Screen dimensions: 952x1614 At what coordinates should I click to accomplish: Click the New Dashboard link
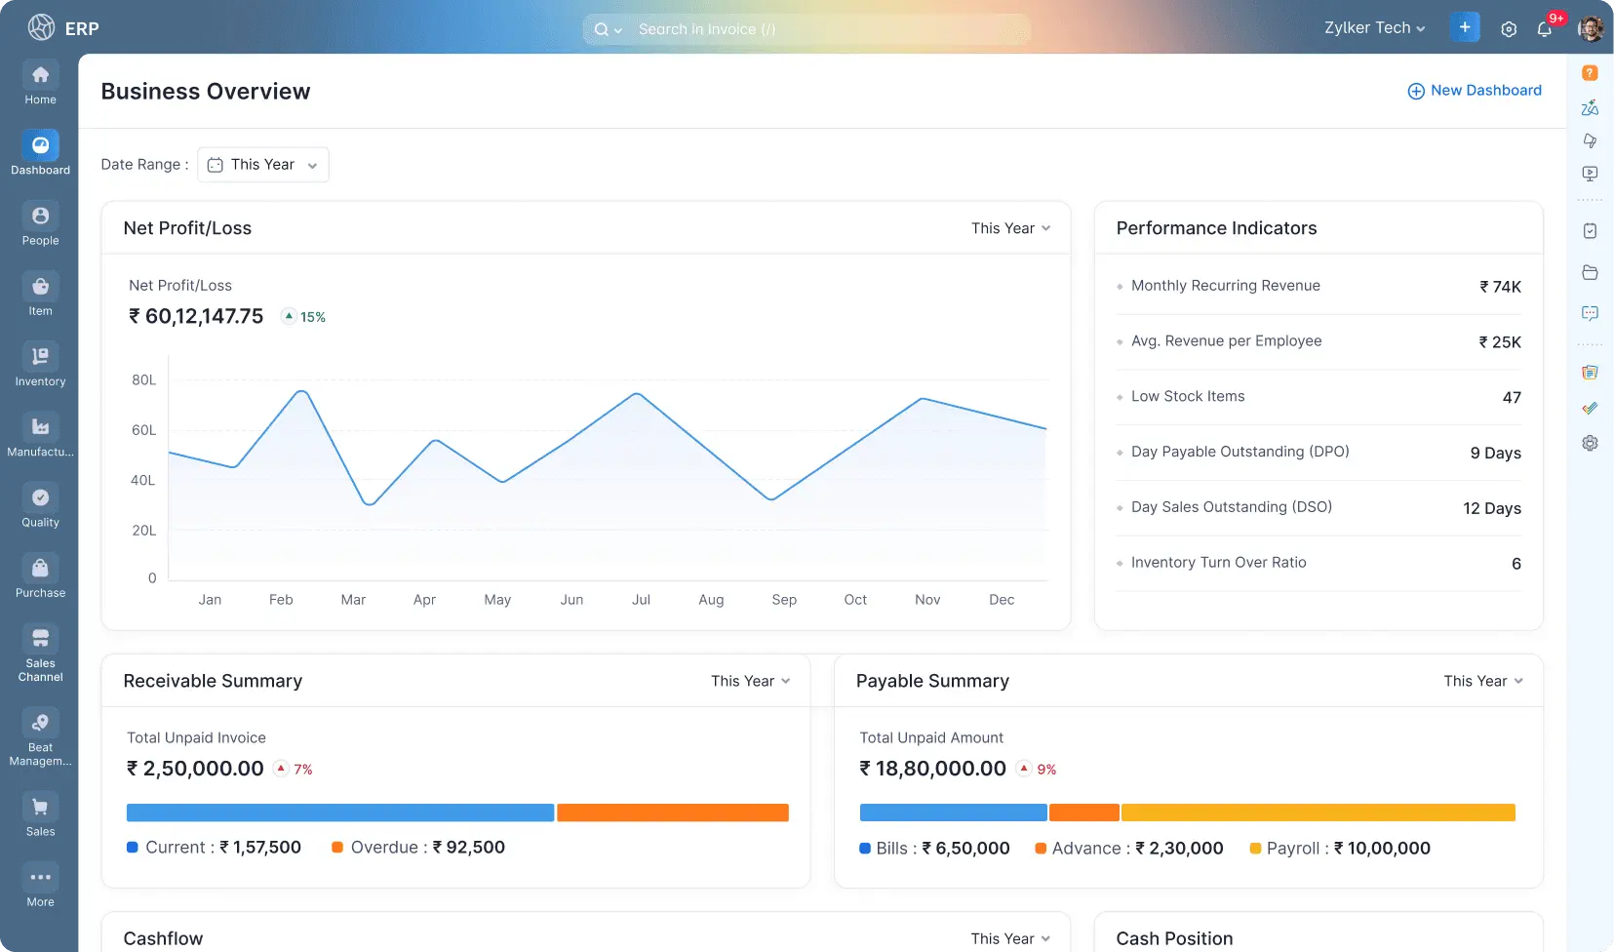pos(1475,91)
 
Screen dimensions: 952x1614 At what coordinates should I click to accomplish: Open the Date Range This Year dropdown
pos(263,165)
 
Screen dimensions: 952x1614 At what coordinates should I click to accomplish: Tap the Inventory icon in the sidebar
pos(40,357)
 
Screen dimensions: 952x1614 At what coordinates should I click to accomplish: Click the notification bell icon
pos(1545,29)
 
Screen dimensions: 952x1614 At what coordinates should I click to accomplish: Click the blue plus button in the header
pos(1465,27)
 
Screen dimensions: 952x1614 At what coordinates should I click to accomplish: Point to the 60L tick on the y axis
pos(143,430)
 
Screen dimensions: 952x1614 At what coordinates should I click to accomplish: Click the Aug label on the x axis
pos(711,600)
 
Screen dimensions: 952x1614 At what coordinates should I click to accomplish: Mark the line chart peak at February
pos(302,391)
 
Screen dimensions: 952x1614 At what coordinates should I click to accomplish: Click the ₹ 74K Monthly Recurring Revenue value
pos(1500,287)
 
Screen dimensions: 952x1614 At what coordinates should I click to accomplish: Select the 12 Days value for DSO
pos(1491,508)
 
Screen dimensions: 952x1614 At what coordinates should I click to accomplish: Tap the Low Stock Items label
pos(1188,396)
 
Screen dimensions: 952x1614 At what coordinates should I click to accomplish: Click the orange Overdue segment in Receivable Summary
pos(672,813)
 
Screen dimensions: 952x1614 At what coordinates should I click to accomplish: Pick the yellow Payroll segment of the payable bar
pos(1318,813)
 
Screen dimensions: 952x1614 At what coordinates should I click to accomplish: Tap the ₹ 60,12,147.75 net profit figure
pos(196,317)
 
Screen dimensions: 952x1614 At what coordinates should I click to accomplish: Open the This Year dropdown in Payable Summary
pos(1482,681)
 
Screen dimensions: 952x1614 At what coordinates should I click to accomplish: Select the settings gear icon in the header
pos(1509,29)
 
